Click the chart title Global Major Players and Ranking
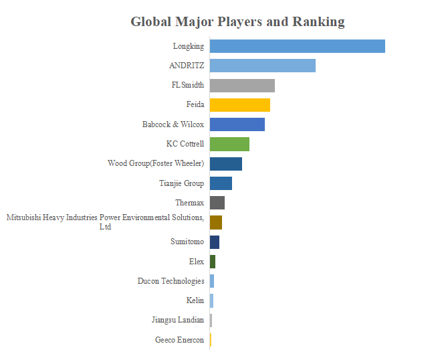point(237,21)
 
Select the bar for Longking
point(297,46)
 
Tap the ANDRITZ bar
point(262,66)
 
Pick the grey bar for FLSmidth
point(242,85)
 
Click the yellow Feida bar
point(239,104)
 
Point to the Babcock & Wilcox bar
point(237,124)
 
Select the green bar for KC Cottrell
point(229,144)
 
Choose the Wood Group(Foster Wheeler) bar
point(225,163)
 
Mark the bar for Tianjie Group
point(221,183)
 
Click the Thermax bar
point(217,203)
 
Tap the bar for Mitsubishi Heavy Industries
point(215,222)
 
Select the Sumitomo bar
point(214,242)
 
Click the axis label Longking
point(189,46)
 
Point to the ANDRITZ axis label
point(187,66)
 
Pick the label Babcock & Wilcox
point(173,124)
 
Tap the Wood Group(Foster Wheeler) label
point(156,163)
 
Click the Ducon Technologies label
point(171,281)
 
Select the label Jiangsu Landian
point(178,320)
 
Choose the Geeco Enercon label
point(179,340)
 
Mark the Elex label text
point(197,262)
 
